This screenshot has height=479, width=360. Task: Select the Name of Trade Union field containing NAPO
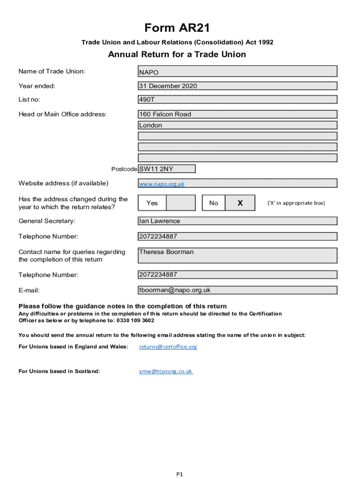click(238, 72)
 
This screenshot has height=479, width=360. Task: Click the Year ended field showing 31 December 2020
click(238, 86)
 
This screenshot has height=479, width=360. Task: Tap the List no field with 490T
click(238, 100)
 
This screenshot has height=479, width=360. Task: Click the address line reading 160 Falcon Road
click(238, 114)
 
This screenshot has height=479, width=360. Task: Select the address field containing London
click(238, 125)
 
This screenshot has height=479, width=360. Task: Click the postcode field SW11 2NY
click(166, 169)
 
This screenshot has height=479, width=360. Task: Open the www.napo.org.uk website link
click(162, 184)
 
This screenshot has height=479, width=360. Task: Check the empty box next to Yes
click(180, 203)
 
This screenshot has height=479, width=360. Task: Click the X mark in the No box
click(240, 203)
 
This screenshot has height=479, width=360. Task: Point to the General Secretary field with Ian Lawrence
click(238, 221)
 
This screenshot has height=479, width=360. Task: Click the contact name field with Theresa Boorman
click(238, 255)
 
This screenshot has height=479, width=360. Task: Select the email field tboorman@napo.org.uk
click(238, 290)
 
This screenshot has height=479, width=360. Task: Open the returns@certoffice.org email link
click(168, 347)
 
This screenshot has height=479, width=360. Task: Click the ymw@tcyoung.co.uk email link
click(166, 371)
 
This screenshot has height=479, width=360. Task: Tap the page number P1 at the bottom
click(180, 474)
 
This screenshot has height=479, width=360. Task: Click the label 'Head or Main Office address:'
click(63, 114)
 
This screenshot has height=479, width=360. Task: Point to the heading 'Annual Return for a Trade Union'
click(177, 55)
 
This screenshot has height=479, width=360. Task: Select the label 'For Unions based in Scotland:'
click(59, 371)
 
